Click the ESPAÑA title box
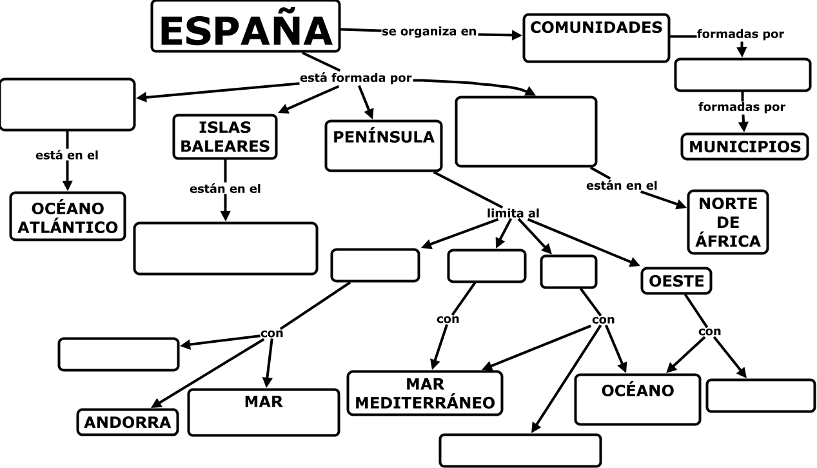click(245, 26)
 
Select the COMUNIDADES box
click(596, 37)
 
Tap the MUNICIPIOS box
click(744, 147)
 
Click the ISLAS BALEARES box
click(224, 136)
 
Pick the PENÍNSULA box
click(383, 145)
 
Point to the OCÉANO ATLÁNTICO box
click(68, 216)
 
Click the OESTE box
click(676, 281)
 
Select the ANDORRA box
click(128, 422)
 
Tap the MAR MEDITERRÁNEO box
click(425, 393)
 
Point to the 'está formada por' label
click(355, 79)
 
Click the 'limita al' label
click(513, 213)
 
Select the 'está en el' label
click(67, 156)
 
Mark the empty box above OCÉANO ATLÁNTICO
click(67, 105)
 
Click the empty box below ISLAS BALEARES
click(226, 249)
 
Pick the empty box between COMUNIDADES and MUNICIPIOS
click(742, 76)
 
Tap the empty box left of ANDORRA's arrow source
click(118, 354)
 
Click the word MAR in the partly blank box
click(263, 402)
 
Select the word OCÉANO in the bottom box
click(637, 391)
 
